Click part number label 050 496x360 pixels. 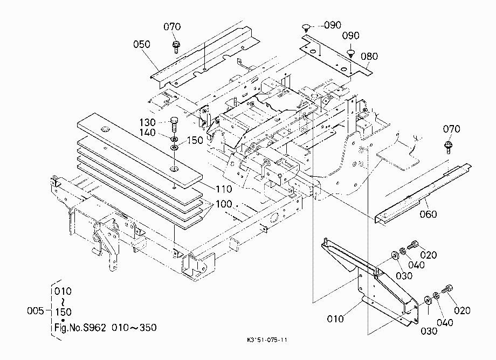pyautogui.click(x=142, y=44)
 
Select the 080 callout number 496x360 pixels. pyautogui.click(x=369, y=57)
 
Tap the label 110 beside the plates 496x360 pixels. pyautogui.click(x=224, y=189)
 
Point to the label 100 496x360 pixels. pyautogui.click(x=224, y=204)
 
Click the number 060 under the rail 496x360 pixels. pyautogui.click(x=428, y=214)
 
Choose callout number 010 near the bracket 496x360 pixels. pyautogui.click(x=335, y=319)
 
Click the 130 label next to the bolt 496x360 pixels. pyautogui.click(x=147, y=122)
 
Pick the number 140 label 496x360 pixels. pyautogui.click(x=147, y=133)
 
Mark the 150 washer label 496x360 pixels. pyautogui.click(x=195, y=140)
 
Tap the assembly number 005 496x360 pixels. pyautogui.click(x=36, y=311)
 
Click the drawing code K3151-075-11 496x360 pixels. pyautogui.click(x=267, y=340)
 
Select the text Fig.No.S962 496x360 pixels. pyautogui.click(x=80, y=327)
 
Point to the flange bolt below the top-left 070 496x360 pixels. pyautogui.click(x=176, y=47)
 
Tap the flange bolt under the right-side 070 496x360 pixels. pyautogui.click(x=448, y=147)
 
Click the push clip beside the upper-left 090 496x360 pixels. pyautogui.click(x=306, y=27)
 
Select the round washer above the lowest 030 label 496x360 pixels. pyautogui.click(x=428, y=300)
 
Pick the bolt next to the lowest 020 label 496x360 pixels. pyautogui.click(x=447, y=289)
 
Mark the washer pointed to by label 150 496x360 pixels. pyautogui.click(x=174, y=148)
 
